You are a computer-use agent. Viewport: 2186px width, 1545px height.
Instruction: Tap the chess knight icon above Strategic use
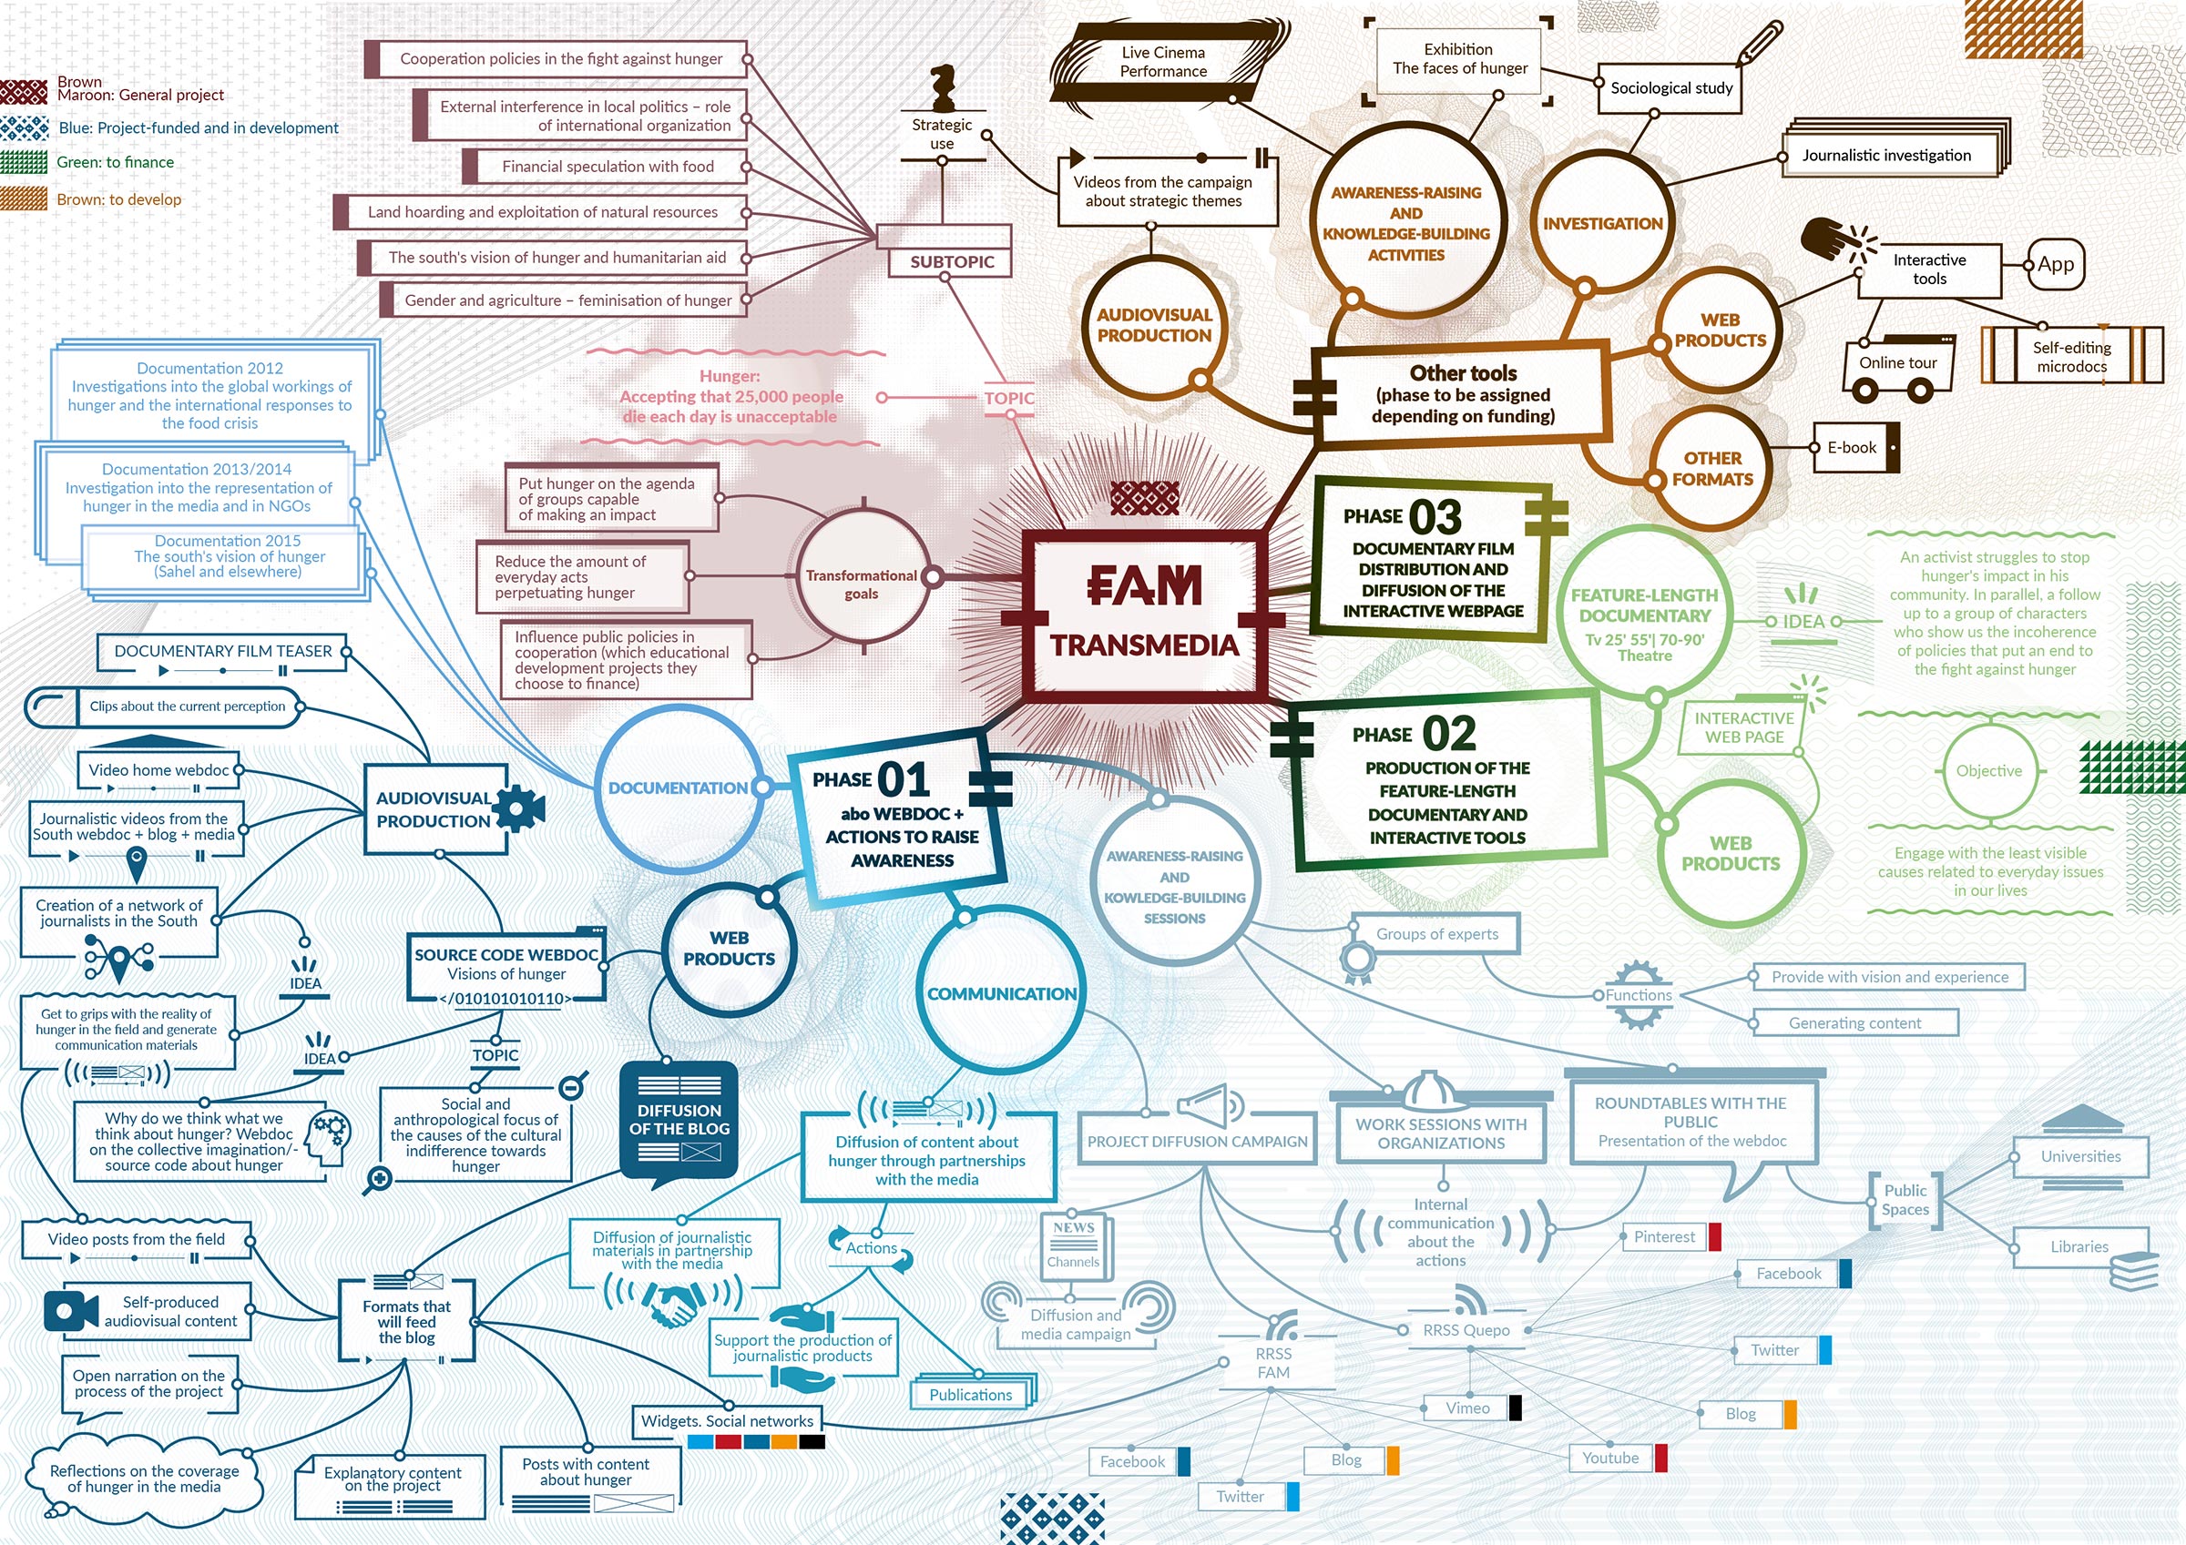click(942, 87)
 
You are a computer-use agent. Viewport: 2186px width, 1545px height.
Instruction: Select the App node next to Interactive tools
click(2056, 265)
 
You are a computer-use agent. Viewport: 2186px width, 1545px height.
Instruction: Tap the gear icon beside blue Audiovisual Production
click(518, 808)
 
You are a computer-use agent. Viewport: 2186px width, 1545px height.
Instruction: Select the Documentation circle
click(678, 788)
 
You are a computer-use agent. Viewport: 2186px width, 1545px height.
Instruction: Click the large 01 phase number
click(904, 779)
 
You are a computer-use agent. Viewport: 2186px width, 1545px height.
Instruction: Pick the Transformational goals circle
click(863, 577)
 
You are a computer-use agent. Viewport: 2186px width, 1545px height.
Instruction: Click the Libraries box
click(2080, 1247)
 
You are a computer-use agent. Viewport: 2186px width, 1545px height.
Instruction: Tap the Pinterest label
click(1664, 1236)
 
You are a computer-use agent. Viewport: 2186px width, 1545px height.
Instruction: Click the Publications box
click(971, 1395)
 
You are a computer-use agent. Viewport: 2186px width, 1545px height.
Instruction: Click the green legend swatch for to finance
click(24, 163)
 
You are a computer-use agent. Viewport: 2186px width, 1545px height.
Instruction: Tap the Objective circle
click(1989, 771)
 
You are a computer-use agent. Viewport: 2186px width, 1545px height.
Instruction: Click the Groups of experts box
click(1436, 934)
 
